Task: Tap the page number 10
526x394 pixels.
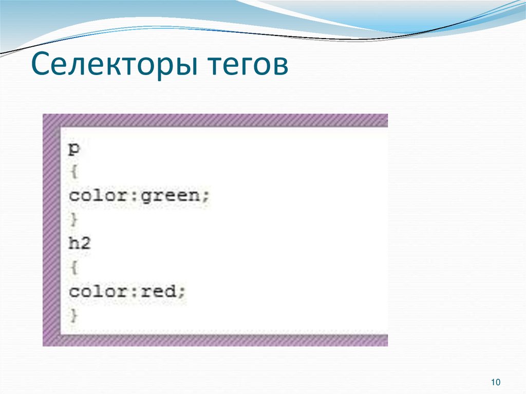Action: pyautogui.click(x=496, y=382)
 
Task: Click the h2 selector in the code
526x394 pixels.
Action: pyautogui.click(x=80, y=243)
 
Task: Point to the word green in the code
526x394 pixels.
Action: pyautogui.click(x=175, y=196)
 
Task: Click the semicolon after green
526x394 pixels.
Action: pyautogui.click(x=206, y=197)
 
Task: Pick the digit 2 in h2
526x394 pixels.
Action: pyautogui.click(x=85, y=243)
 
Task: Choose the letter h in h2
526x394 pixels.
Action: pyautogui.click(x=74, y=243)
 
